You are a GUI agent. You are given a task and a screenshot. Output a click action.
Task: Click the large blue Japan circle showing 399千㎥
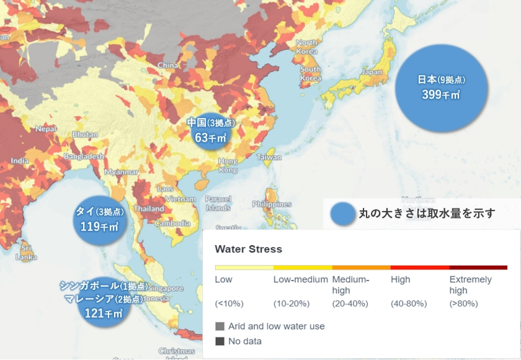441,87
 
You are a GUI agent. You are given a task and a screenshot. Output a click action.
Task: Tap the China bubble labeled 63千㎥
210,130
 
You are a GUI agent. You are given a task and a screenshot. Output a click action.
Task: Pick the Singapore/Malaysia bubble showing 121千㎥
104,300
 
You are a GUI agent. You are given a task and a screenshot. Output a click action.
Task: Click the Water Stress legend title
248,249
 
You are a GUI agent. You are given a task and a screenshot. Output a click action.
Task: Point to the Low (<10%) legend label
223,279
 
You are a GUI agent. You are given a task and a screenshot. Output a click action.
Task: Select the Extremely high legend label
470,285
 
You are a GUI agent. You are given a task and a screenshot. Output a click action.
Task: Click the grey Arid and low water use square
220,326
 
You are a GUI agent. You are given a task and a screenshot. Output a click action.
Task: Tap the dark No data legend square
220,341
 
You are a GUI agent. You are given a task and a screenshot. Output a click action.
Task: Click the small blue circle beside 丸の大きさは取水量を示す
342,214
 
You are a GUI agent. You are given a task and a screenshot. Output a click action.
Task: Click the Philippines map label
272,204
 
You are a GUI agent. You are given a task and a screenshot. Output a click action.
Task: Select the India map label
19,161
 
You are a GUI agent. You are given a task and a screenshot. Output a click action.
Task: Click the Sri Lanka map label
27,252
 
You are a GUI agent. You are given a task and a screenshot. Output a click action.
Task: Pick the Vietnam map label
180,199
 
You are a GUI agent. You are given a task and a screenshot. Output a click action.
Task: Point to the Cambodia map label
172,223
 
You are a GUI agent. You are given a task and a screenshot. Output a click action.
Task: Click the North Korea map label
306,47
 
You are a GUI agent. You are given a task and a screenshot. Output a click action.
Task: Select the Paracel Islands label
218,203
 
